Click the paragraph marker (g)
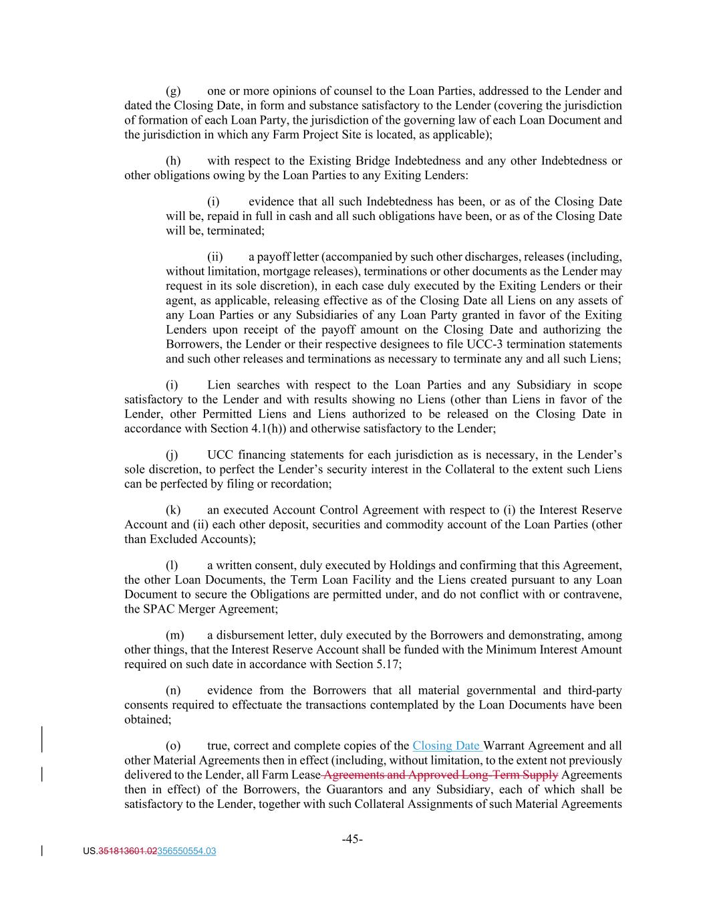pyautogui.click(x=172, y=91)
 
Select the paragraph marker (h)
pyautogui.click(x=172, y=161)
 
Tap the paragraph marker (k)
pyautogui.click(x=172, y=510)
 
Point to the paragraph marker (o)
pyautogui.click(x=172, y=746)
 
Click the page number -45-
pyautogui.click(x=352, y=839)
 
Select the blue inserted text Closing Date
pyautogui.click(x=446, y=746)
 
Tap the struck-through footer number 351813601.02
pyautogui.click(x=128, y=851)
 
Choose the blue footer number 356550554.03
pyautogui.click(x=186, y=851)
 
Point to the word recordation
pyautogui.click(x=301, y=484)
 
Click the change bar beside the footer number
pyautogui.click(x=43, y=851)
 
